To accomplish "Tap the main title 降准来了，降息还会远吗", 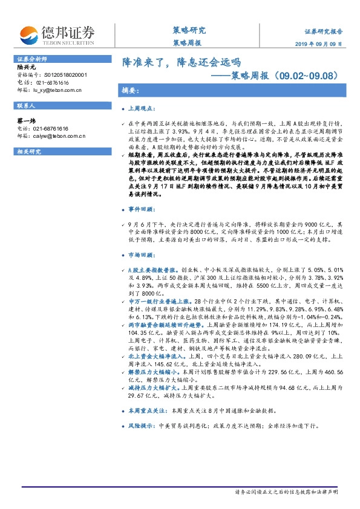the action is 182,62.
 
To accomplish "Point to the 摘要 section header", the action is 131,91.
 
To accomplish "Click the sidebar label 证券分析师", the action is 29,59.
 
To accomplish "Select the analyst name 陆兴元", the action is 27,68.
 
